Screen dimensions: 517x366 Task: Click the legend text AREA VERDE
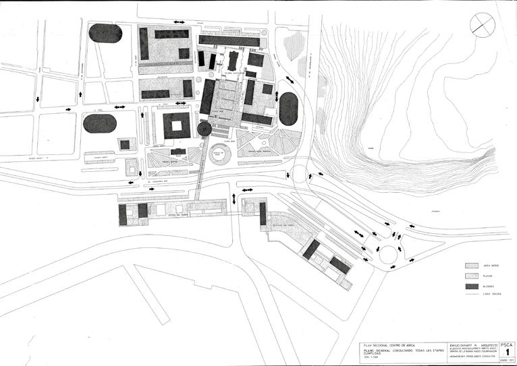pyautogui.click(x=490, y=265)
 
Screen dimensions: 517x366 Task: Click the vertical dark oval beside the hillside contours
pyautogui.click(x=288, y=109)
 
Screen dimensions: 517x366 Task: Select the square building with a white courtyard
pyautogui.click(x=177, y=125)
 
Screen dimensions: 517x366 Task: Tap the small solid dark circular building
pyautogui.click(x=205, y=129)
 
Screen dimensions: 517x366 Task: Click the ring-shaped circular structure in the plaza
pyautogui.click(x=219, y=154)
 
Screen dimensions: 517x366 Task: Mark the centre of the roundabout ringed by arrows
pyautogui.click(x=389, y=255)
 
